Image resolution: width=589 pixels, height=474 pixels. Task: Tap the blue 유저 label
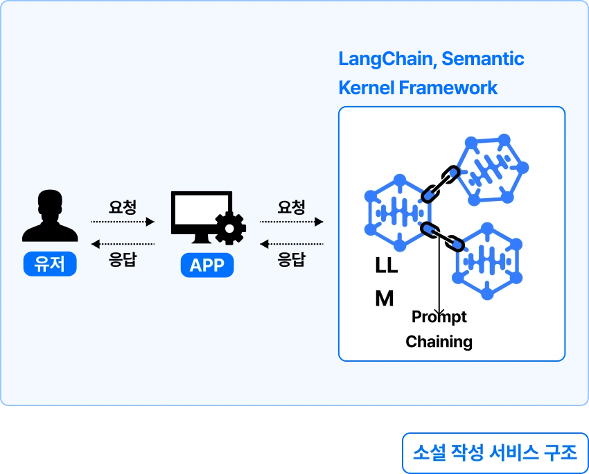pyautogui.click(x=49, y=265)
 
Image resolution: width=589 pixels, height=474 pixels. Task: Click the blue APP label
pyautogui.click(x=206, y=265)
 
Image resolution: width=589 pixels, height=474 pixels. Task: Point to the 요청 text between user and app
pyautogui.click(x=122, y=207)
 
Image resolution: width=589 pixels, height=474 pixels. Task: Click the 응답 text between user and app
pyautogui.click(x=122, y=261)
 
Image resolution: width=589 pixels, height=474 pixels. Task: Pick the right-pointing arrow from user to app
pyautogui.click(x=122, y=222)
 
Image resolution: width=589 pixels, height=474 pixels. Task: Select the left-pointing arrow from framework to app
pyautogui.click(x=291, y=244)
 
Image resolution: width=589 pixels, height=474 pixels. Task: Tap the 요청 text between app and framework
pyautogui.click(x=291, y=207)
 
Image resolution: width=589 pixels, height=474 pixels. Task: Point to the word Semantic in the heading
pyautogui.click(x=483, y=59)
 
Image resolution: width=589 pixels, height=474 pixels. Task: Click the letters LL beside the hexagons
pyautogui.click(x=386, y=265)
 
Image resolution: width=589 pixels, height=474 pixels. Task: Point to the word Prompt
pyautogui.click(x=439, y=317)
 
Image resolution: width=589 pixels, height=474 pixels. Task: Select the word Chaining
pyautogui.click(x=439, y=342)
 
